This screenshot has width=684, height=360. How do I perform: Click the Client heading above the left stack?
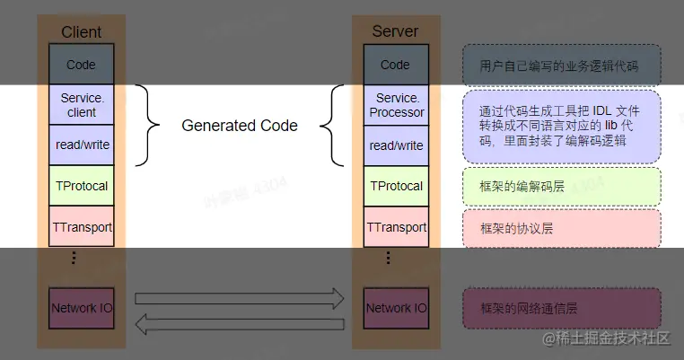(x=81, y=32)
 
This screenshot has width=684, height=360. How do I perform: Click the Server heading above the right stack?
(x=395, y=31)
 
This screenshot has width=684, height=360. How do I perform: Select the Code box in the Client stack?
(x=81, y=65)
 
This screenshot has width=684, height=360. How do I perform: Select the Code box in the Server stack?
(x=395, y=65)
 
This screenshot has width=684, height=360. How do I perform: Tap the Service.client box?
(x=81, y=105)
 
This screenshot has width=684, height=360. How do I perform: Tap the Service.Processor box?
(x=396, y=105)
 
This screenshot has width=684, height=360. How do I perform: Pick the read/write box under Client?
(x=81, y=145)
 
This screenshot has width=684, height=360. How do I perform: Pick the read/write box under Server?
(x=396, y=145)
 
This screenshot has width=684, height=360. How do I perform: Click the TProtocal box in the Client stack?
(x=81, y=186)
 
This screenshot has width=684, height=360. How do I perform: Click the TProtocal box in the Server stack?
(x=396, y=186)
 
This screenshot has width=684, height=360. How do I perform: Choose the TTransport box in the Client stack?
(x=81, y=227)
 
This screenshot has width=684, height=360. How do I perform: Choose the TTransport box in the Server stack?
(x=396, y=227)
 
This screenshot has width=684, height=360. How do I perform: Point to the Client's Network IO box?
(x=81, y=308)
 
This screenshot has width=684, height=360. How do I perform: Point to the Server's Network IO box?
(x=396, y=308)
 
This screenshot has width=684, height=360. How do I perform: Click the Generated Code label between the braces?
(x=240, y=126)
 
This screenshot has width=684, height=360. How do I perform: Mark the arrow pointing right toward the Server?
(x=240, y=297)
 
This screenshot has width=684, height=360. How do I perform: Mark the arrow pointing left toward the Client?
(x=240, y=323)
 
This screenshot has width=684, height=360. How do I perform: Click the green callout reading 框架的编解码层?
(x=562, y=186)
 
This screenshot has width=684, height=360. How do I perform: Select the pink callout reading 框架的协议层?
(x=562, y=228)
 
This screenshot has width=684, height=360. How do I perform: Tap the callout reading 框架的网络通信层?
(x=562, y=308)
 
